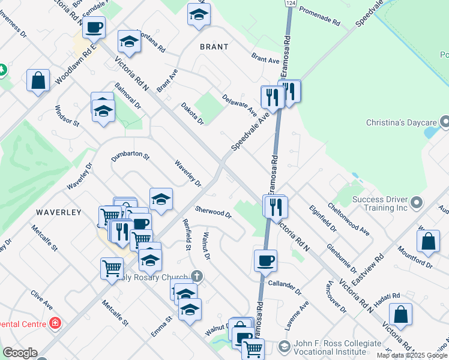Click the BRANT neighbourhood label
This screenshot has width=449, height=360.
(214, 46)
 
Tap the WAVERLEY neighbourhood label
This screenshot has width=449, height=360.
(58, 212)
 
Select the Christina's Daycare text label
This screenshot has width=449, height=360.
(400, 123)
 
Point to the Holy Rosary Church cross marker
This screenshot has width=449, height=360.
(197, 277)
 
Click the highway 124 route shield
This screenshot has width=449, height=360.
(290, 4)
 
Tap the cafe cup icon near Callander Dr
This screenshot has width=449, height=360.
(265, 260)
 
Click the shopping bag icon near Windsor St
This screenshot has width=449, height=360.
(38, 80)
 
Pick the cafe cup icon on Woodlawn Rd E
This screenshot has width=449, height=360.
(94, 26)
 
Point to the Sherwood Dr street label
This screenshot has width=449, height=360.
(213, 212)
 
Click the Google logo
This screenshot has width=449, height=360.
(20, 353)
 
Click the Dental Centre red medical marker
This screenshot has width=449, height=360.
(55, 323)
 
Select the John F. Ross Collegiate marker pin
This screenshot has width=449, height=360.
(285, 347)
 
